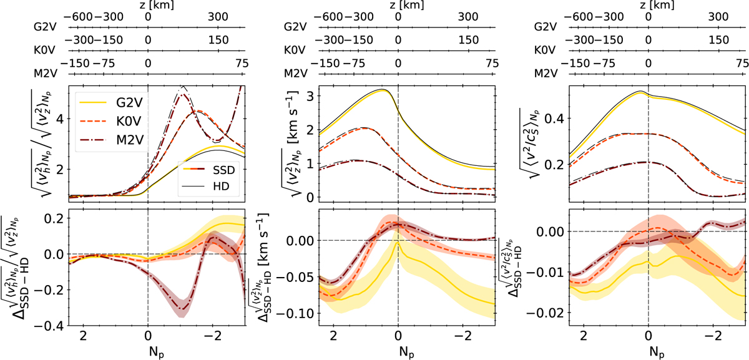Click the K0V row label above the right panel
(x=546, y=51)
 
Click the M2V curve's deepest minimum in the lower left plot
(x=182, y=309)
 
